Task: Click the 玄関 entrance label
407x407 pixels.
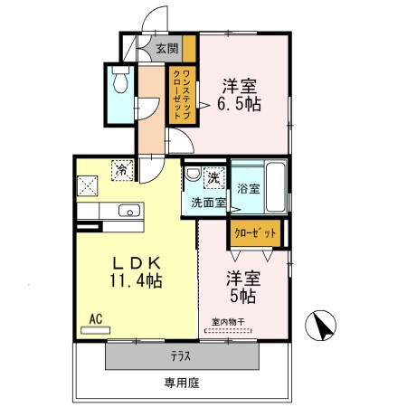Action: [x=166, y=49]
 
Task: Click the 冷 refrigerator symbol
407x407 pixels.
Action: [x=119, y=168]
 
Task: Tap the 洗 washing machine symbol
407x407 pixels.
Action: [x=215, y=176]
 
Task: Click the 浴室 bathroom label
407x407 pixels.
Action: [x=248, y=189]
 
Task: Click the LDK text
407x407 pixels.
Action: [x=137, y=263]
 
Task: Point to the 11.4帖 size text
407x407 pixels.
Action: [x=136, y=281]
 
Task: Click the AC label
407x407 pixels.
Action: [x=95, y=318]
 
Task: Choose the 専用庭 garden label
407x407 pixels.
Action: [x=181, y=383]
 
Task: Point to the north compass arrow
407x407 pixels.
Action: [x=322, y=323]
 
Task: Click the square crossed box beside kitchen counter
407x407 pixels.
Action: [x=89, y=185]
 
